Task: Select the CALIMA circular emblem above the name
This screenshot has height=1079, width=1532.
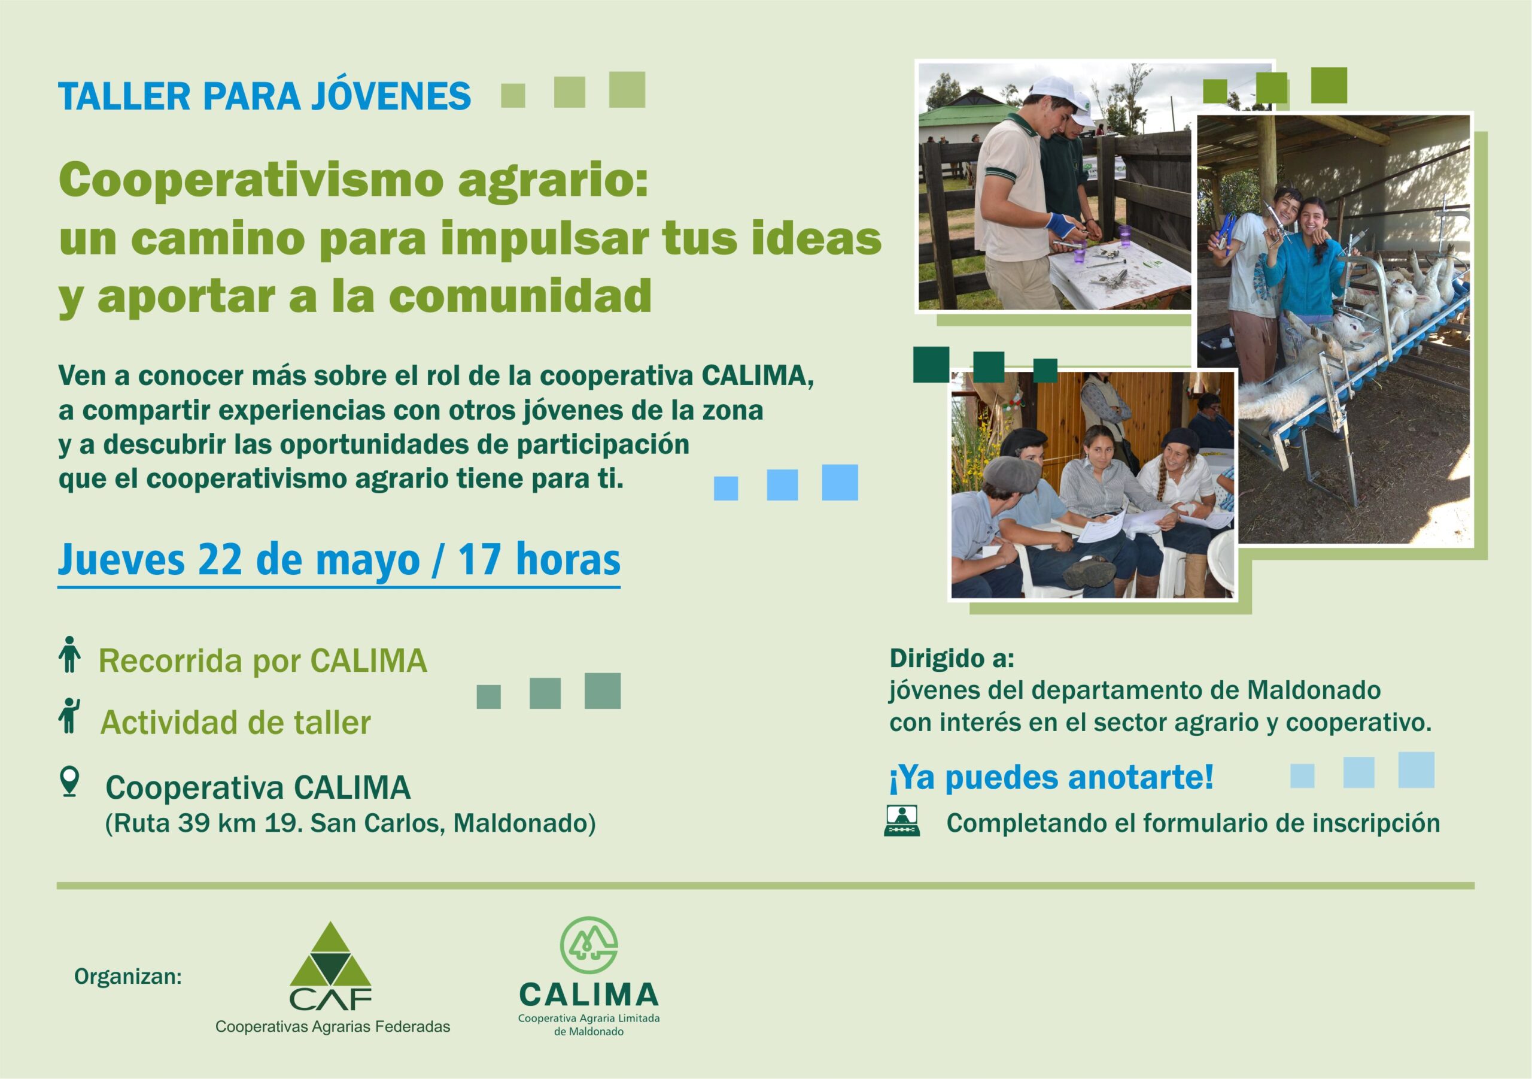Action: pyautogui.click(x=588, y=945)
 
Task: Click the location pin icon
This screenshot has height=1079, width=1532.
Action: pyautogui.click(x=69, y=782)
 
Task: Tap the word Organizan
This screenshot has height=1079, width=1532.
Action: pyautogui.click(x=128, y=977)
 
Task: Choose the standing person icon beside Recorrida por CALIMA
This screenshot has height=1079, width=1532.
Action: pyautogui.click(x=69, y=654)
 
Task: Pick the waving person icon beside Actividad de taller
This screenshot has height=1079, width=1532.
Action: pyautogui.click(x=69, y=716)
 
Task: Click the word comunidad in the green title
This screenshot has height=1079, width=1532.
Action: pyautogui.click(x=521, y=296)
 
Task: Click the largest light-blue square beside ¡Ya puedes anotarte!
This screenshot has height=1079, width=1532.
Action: pyautogui.click(x=1416, y=770)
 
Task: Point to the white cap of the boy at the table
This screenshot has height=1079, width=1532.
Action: pyautogui.click(x=1054, y=89)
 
